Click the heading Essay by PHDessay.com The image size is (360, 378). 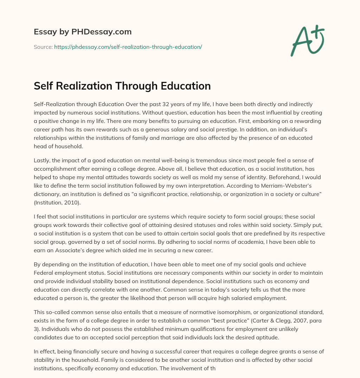click(83, 32)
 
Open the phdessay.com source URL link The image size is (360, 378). click(128, 47)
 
